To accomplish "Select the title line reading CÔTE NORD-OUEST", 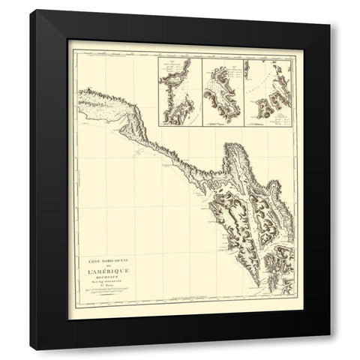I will tap(109, 259).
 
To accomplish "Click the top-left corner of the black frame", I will tap(31, 10).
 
